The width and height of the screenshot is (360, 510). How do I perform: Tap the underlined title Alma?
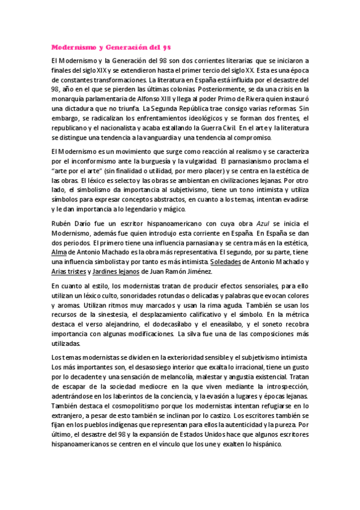click(58, 253)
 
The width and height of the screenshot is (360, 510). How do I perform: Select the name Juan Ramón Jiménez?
click(188, 272)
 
